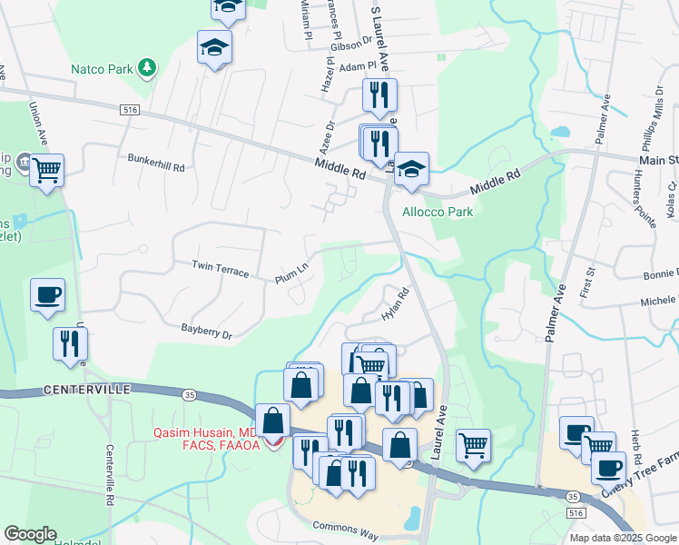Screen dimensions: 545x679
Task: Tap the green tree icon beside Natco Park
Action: [145, 68]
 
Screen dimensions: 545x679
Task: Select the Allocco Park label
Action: [438, 212]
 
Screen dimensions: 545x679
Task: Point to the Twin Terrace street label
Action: [220, 267]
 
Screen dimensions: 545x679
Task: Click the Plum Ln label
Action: [292, 273]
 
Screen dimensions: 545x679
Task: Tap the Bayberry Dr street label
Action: [206, 332]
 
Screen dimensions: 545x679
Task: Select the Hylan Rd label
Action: [397, 302]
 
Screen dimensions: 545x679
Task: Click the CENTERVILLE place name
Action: [86, 389]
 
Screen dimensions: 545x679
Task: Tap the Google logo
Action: [30, 534]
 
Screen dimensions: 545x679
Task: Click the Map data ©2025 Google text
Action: [622, 538]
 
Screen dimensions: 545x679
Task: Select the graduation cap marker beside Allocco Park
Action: [411, 168]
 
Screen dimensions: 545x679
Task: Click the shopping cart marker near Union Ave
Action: [46, 169]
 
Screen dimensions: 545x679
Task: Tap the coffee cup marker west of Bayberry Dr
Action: [47, 295]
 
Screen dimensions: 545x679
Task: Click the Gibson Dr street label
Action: [351, 45]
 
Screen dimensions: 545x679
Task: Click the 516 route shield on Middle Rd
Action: [133, 109]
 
